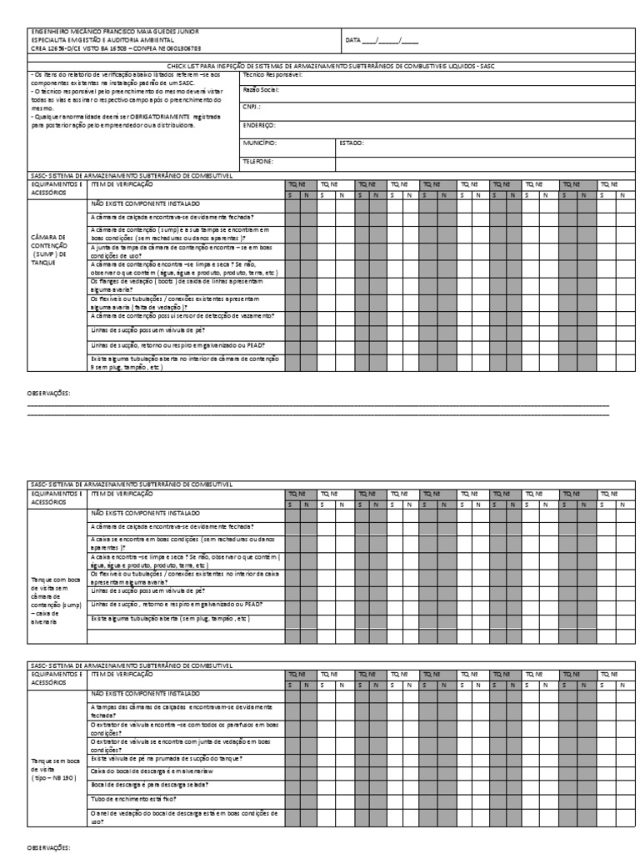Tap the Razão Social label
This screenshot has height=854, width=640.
click(x=261, y=89)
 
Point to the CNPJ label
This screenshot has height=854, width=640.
click(x=252, y=107)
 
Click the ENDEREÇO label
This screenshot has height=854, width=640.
click(x=258, y=125)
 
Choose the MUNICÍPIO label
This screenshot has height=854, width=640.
click(x=259, y=143)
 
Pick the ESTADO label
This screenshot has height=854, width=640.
click(x=351, y=143)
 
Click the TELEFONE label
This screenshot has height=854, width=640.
click(x=257, y=161)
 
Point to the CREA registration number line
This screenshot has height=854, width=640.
click(x=116, y=48)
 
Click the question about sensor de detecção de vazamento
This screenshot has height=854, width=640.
click(x=182, y=316)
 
